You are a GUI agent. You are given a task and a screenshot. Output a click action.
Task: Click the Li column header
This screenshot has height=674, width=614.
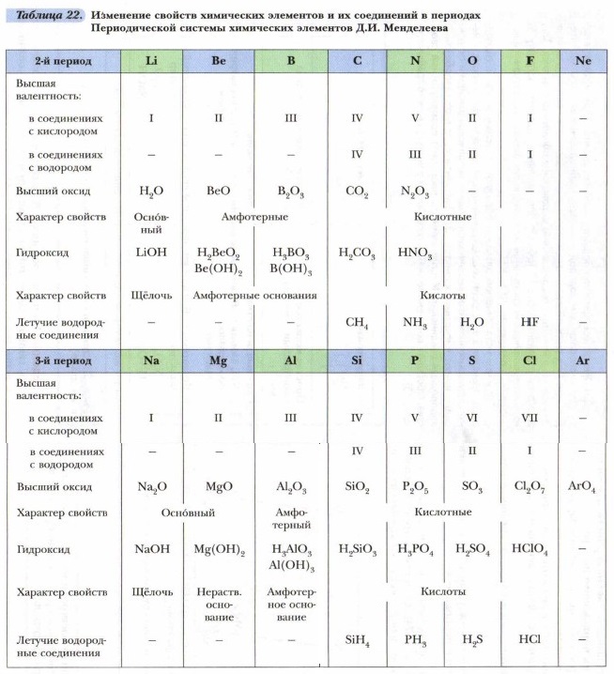[152, 60]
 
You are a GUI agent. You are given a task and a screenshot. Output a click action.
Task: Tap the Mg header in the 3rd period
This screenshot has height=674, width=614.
[218, 360]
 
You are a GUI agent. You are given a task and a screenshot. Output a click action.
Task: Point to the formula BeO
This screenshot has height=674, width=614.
[218, 191]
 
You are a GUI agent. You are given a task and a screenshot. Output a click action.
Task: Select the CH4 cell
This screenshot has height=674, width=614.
[357, 323]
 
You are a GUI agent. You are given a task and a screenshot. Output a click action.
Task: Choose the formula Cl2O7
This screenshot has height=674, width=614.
[530, 487]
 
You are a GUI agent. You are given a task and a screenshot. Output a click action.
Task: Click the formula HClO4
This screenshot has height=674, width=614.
[530, 550]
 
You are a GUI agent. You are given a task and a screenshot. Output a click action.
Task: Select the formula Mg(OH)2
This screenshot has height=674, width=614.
[219, 550]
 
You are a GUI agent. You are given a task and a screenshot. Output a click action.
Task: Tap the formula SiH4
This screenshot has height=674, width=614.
[357, 640]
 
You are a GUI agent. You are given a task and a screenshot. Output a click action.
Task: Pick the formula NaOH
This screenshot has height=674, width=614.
[151, 550]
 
